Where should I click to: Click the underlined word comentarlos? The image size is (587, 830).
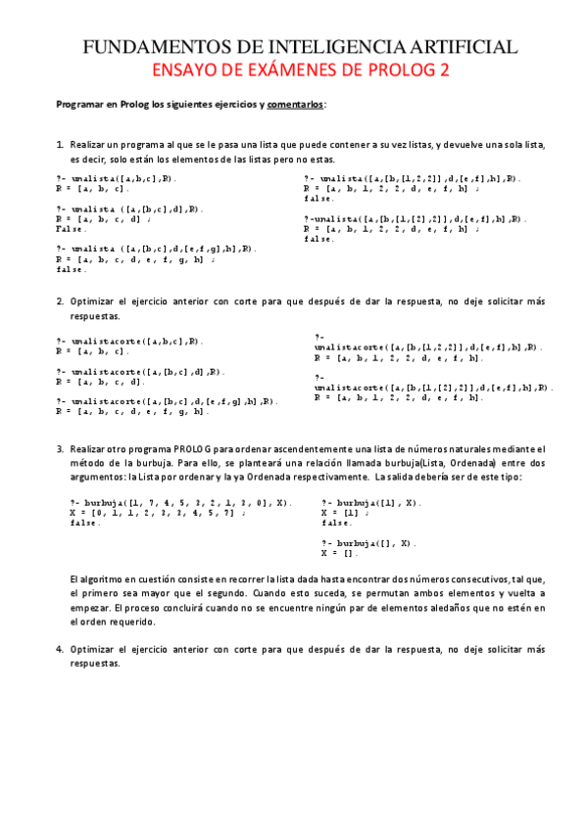click(x=295, y=104)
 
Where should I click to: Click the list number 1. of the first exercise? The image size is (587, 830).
click(x=60, y=145)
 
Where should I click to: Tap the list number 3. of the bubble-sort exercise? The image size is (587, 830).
click(x=60, y=448)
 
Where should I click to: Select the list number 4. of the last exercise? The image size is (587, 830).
click(x=60, y=649)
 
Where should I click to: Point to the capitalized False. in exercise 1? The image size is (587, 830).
click(x=71, y=228)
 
